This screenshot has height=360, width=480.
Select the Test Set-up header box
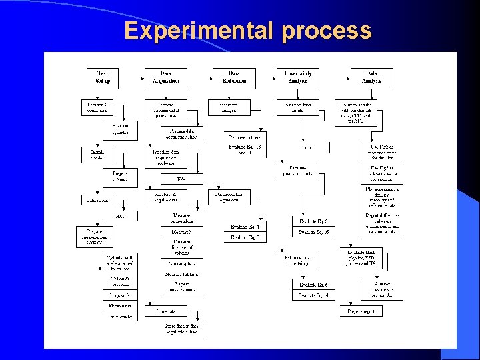click(102, 77)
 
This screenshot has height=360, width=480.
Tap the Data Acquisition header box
click(165, 77)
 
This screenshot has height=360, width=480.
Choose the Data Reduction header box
click(234, 77)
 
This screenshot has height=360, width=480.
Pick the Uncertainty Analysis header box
click(297, 77)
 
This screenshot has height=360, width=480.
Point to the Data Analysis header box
click(371, 77)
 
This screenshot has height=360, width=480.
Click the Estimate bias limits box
click(297, 107)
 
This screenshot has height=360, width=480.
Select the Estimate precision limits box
click(302, 170)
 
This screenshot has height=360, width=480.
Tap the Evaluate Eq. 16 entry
click(313, 231)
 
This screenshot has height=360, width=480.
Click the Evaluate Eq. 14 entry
click(313, 295)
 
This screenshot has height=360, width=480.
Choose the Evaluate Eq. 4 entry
click(245, 227)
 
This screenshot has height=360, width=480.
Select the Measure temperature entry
click(181, 217)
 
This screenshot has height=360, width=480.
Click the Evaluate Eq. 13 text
click(245, 149)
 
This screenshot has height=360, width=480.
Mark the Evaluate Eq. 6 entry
click(313, 285)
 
